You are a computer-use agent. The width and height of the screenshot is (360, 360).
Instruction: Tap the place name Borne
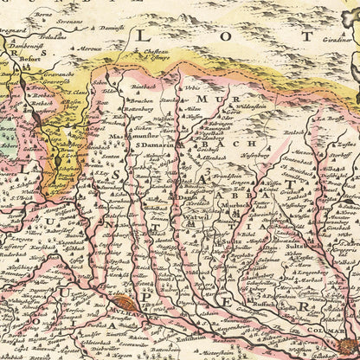coord(41,16)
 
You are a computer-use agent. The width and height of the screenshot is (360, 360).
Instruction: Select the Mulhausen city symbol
coord(125,303)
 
